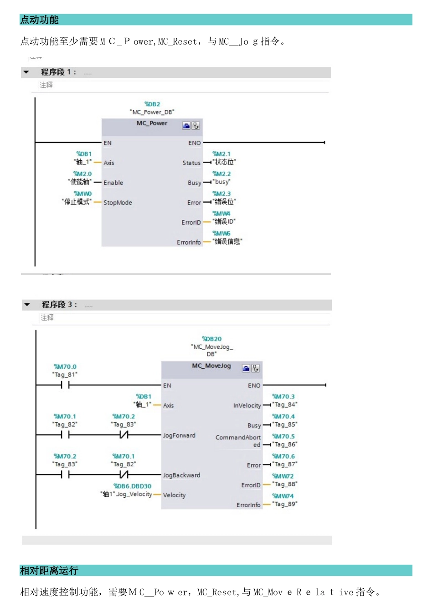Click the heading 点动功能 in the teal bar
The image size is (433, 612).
(39, 20)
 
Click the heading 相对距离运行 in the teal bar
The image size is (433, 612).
(49, 571)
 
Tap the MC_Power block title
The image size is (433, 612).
(152, 123)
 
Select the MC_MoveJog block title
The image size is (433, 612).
(211, 366)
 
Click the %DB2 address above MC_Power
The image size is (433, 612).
(152, 104)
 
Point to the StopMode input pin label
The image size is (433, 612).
(118, 203)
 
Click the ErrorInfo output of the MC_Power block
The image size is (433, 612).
(189, 242)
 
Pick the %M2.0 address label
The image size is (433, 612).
(82, 174)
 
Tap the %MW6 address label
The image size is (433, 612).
(222, 234)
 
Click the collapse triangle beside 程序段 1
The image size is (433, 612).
(26, 72)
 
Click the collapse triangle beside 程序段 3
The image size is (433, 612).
(27, 305)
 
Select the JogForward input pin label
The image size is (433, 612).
(179, 436)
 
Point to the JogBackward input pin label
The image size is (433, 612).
(181, 475)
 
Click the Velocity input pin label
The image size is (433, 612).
(174, 495)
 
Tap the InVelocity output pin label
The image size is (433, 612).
(247, 406)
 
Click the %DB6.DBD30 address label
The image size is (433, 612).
(132, 486)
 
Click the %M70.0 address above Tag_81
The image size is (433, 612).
(65, 367)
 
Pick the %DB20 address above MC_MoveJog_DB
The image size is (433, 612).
(212, 339)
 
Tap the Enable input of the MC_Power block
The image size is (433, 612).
(113, 183)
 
